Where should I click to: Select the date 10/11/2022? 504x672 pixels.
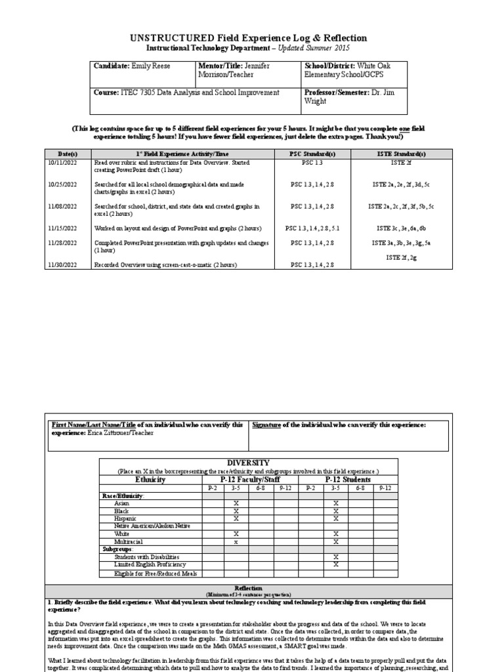point(62,161)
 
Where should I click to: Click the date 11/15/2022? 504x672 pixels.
point(62,228)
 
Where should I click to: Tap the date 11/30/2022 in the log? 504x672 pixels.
point(62,264)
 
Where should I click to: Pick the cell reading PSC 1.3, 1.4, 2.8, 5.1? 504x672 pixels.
point(312,228)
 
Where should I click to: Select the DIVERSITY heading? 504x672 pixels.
point(248,463)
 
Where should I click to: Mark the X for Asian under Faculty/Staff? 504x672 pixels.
point(236,503)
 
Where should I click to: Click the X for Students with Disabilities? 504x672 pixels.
point(335,556)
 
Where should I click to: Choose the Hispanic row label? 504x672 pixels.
point(125,518)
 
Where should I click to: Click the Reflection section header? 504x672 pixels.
point(248,588)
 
